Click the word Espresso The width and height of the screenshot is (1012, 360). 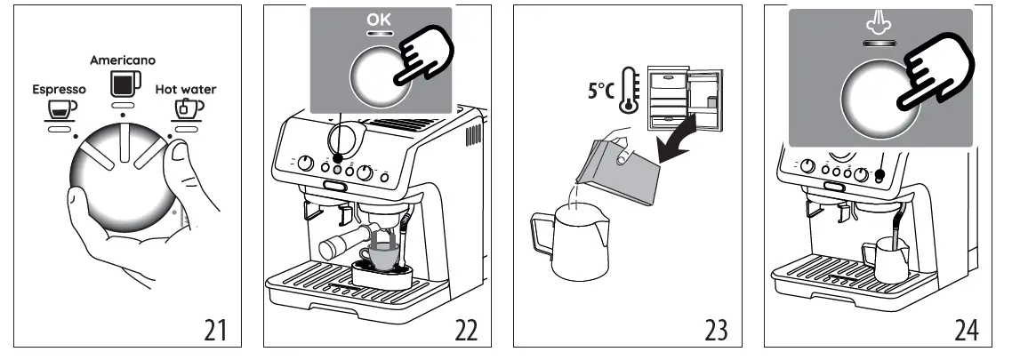click(x=59, y=90)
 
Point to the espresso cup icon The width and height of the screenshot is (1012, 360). click(x=60, y=109)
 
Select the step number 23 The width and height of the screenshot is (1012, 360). click(x=715, y=330)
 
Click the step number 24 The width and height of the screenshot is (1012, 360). click(x=966, y=330)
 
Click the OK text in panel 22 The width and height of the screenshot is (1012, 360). click(x=380, y=20)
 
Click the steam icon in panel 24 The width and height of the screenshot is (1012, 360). click(x=879, y=26)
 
